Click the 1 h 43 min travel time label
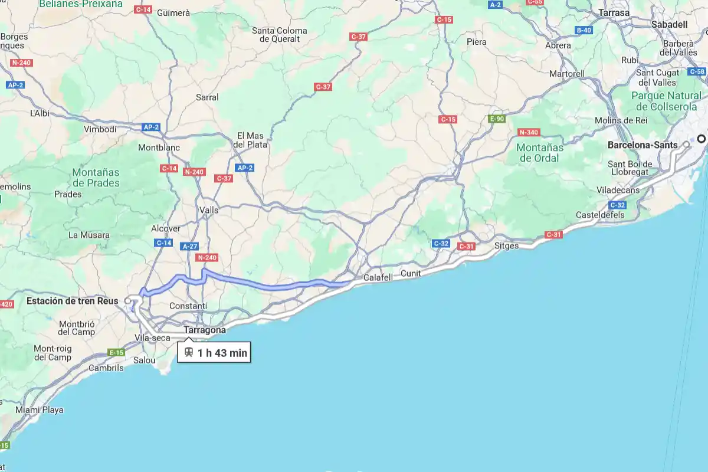[x=222, y=353]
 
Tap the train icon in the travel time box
[x=189, y=353]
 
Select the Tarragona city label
[x=205, y=330]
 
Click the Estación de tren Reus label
[x=72, y=301]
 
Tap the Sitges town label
[x=506, y=245]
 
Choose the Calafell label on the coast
[x=378, y=277]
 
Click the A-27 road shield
[x=190, y=247]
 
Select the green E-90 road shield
[x=497, y=119]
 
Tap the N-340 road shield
[x=529, y=132]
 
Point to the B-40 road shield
[x=584, y=30]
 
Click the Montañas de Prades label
[x=96, y=178]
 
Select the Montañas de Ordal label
[x=539, y=152]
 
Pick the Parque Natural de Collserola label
[x=666, y=101]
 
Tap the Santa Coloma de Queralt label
[x=279, y=35]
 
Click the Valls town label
[x=209, y=210]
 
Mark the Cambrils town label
[x=106, y=368]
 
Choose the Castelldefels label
[x=600, y=215]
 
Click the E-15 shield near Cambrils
[x=116, y=353]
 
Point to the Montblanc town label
[x=159, y=147]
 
